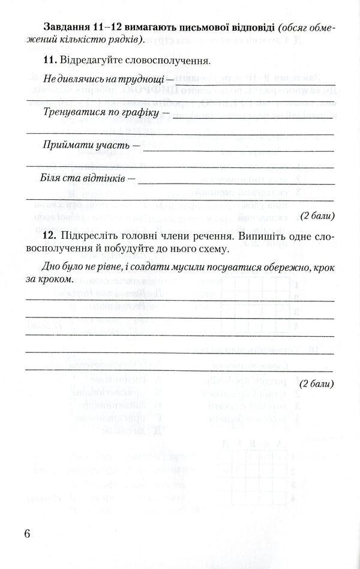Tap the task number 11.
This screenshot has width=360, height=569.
point(49,61)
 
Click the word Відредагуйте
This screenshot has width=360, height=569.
point(89,61)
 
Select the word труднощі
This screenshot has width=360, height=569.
point(139,78)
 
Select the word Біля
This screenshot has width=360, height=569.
point(52,179)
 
